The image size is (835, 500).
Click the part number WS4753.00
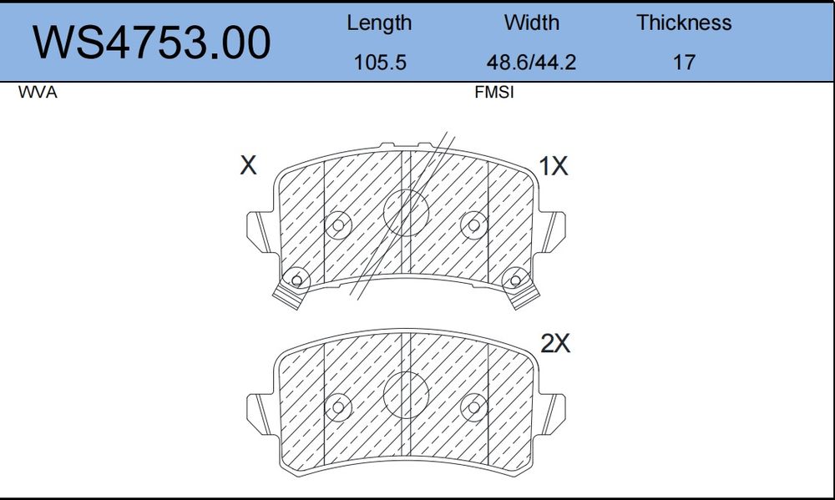152,43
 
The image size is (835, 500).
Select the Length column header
379,23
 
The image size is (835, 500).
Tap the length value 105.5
380,63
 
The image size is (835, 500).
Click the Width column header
531,23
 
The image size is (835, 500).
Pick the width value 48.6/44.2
531,63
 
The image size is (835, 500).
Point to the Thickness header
684,23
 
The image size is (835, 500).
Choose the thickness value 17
685,63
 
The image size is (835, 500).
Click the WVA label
38,92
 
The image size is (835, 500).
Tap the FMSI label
494,92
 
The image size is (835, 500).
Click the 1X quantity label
554,166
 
